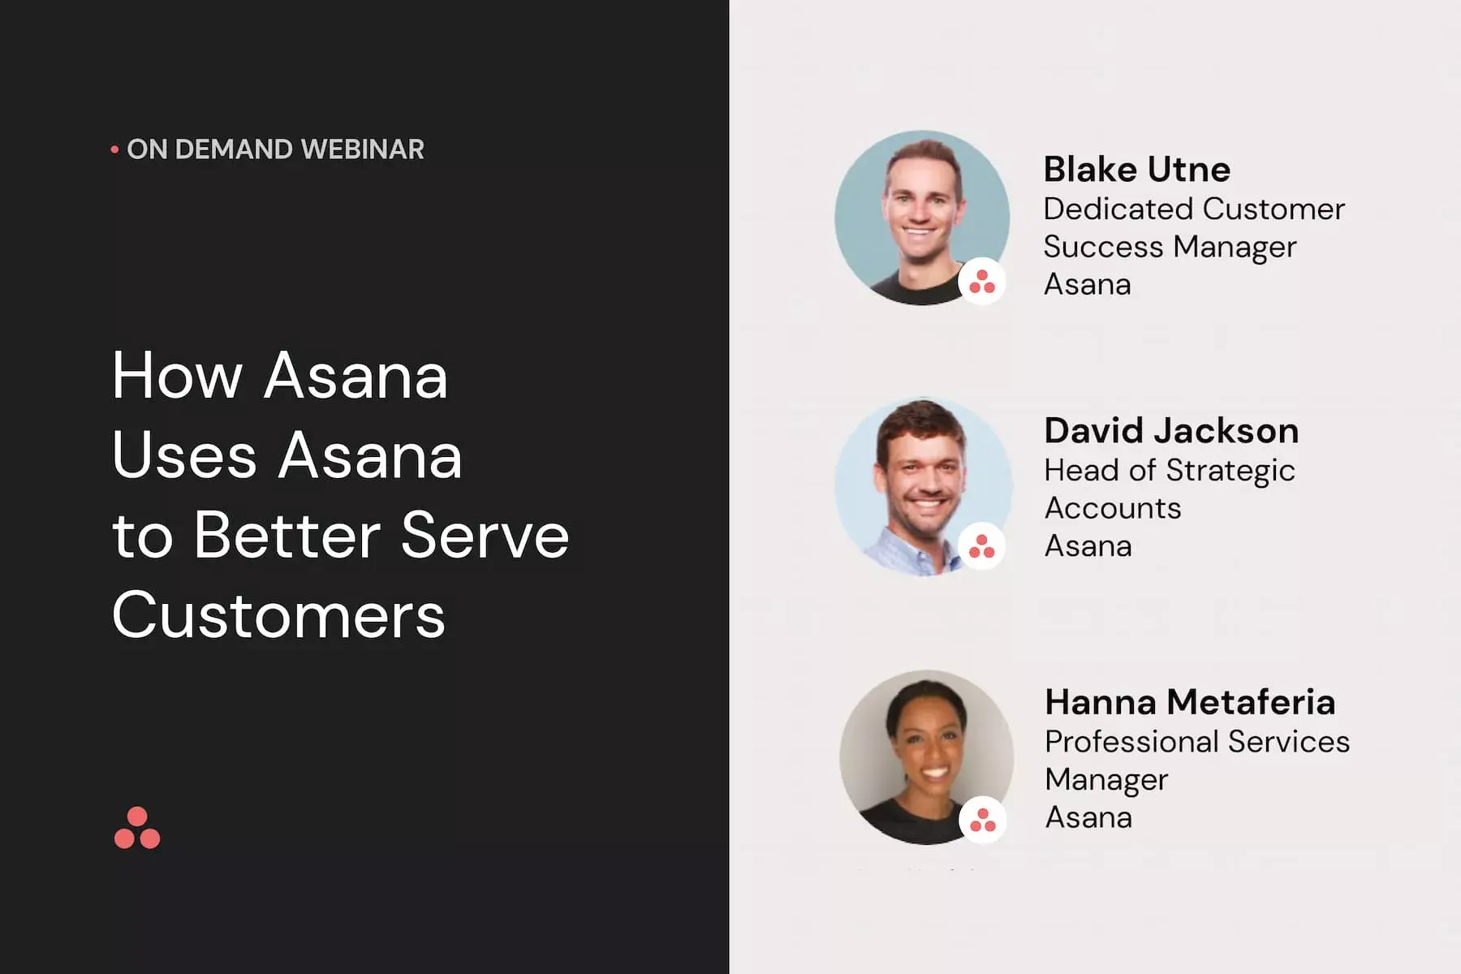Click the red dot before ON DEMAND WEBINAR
[x=114, y=149]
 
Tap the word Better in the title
[x=287, y=536]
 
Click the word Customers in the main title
[x=278, y=614]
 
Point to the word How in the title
[x=178, y=376]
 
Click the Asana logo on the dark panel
[x=137, y=828]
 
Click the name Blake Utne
[x=1136, y=169]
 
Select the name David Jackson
[x=1171, y=430]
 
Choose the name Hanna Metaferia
[x=1190, y=702]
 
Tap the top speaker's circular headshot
[x=922, y=218]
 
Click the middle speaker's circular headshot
[x=924, y=486]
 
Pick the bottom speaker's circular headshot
[x=926, y=757]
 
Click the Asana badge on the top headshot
[x=982, y=282]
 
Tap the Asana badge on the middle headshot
[x=982, y=545]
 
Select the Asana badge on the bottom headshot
[x=983, y=820]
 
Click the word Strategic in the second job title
[x=1230, y=471]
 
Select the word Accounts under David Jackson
[x=1113, y=508]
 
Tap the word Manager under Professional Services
[x=1106, y=780]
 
